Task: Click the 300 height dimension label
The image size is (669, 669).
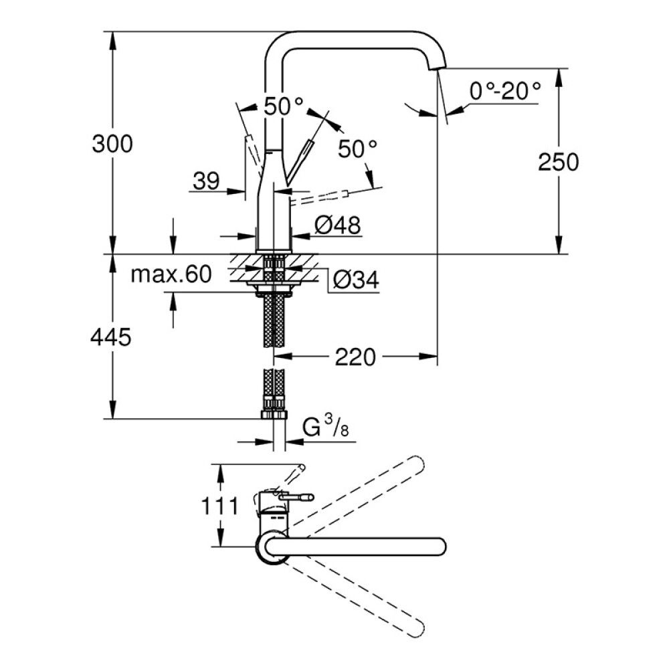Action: click(113, 144)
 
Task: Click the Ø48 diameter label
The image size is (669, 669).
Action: click(337, 226)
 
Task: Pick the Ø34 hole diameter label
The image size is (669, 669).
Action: click(355, 281)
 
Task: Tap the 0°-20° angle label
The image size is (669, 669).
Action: click(504, 91)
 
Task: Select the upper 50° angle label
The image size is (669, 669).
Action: click(282, 106)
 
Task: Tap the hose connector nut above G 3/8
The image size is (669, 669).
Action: click(274, 413)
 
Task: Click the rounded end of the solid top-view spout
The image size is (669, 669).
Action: click(439, 545)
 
